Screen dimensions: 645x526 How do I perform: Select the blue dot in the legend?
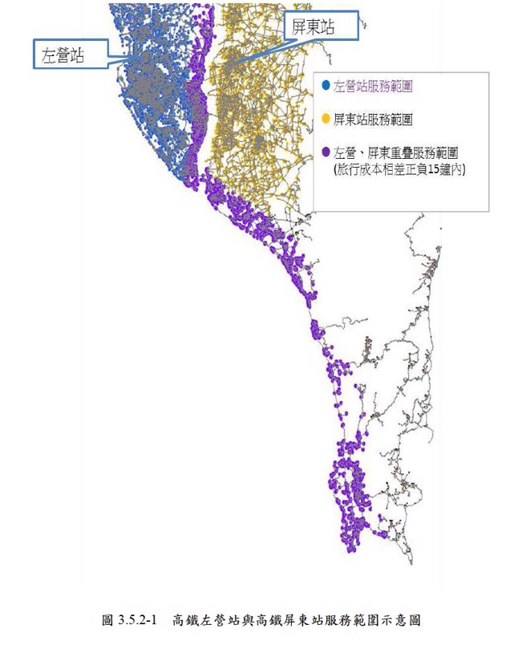pos(326,84)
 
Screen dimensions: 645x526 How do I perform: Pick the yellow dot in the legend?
pos(326,119)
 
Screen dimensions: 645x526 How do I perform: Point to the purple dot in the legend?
pos(326,151)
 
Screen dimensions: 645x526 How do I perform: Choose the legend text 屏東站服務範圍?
pos(372,119)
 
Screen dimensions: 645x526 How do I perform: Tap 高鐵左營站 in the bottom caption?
pos(204,620)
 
